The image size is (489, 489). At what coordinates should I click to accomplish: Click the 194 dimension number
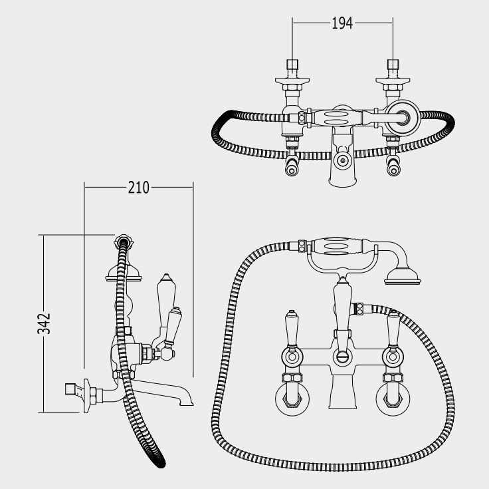(x=342, y=23)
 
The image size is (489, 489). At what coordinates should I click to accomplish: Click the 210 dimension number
(x=138, y=188)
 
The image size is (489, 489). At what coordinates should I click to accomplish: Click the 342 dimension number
(x=44, y=323)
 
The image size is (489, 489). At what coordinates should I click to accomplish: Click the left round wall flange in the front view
(x=292, y=399)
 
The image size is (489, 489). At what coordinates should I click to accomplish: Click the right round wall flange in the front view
(x=393, y=399)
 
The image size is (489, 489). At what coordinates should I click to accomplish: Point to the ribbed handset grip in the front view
(x=337, y=245)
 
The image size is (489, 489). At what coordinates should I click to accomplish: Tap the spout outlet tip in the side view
(x=187, y=403)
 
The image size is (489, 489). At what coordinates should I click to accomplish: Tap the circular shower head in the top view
(x=403, y=117)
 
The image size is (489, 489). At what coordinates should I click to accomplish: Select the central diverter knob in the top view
(x=343, y=161)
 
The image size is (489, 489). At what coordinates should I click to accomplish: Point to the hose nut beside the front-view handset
(x=302, y=245)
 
